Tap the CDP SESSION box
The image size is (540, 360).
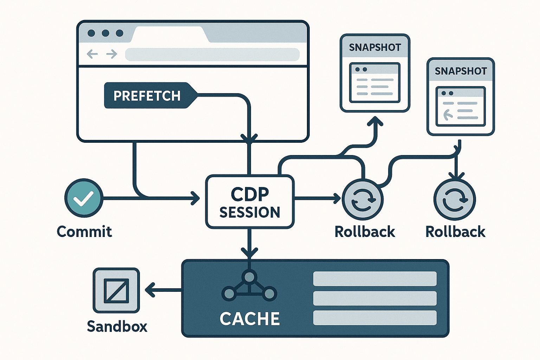[x=250, y=202]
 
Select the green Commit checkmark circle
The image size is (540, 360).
[x=84, y=198]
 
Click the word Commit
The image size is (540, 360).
[x=84, y=232]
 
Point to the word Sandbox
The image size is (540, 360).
[x=117, y=326]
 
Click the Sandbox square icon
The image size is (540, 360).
[x=116, y=290]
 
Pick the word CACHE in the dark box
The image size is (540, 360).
[x=250, y=319]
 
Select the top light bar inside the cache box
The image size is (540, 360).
[x=375, y=279]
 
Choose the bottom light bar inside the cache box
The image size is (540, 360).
[x=375, y=318]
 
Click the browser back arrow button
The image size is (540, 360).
[x=92, y=54]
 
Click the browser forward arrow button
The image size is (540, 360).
[x=112, y=54]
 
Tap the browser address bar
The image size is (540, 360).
[x=212, y=54]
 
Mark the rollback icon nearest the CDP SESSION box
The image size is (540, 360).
[x=363, y=199]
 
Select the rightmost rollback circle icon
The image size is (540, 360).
[x=455, y=199]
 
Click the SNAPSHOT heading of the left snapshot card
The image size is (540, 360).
[x=375, y=47]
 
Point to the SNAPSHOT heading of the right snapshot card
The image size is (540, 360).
[x=461, y=71]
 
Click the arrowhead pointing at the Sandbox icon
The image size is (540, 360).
[x=149, y=290]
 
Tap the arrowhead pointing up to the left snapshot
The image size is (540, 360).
[x=375, y=121]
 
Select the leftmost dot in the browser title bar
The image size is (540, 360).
[x=91, y=33]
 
